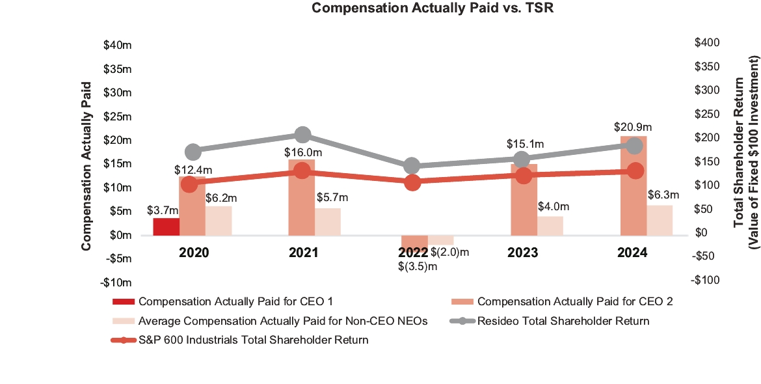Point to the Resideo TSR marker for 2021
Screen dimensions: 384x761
[302, 135]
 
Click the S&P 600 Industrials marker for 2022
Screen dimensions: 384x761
[412, 183]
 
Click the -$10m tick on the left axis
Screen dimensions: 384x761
[118, 282]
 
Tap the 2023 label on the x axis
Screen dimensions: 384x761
[524, 253]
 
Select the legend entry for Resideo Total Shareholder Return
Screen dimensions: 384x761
[563, 321]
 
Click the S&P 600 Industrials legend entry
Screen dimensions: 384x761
[253, 340]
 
